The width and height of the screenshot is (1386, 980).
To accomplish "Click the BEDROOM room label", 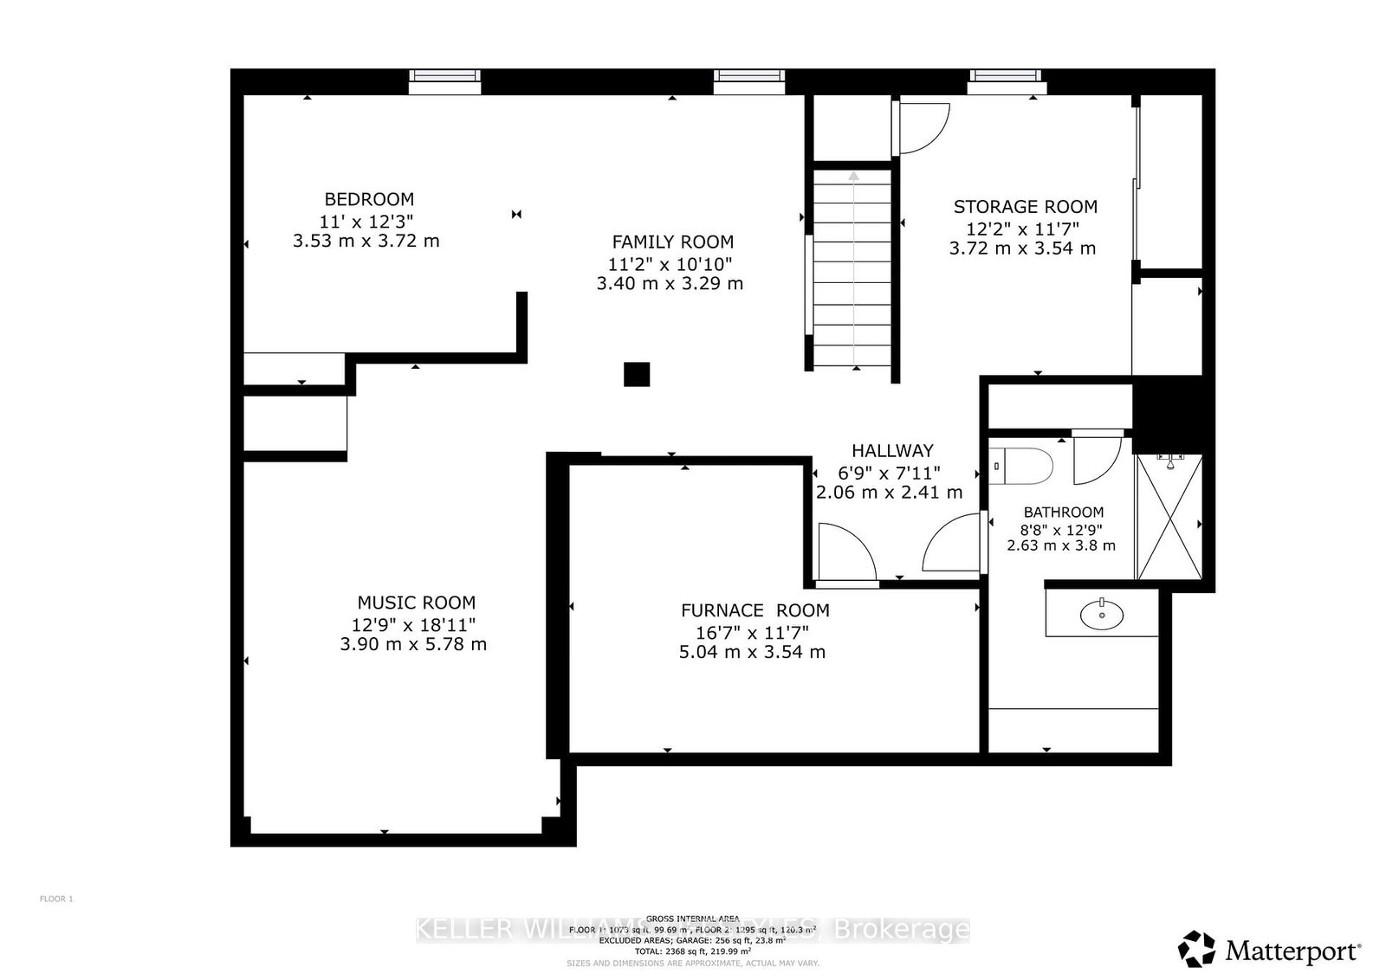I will (x=369, y=199).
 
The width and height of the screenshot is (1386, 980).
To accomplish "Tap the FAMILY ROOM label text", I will (x=672, y=242).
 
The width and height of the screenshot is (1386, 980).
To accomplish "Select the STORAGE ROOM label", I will (x=1025, y=207).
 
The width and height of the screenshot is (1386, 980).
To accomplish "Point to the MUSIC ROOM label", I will (x=416, y=603).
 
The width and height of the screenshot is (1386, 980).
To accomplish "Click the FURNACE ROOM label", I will (x=755, y=610).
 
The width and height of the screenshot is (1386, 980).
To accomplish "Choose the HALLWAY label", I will (x=892, y=451).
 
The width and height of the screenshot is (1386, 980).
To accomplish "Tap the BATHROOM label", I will (x=1063, y=513).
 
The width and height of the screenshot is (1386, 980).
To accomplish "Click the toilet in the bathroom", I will (x=1022, y=466).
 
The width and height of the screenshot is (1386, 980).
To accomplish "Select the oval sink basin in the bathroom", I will (x=1101, y=615).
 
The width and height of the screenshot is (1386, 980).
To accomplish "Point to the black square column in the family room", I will (x=637, y=374).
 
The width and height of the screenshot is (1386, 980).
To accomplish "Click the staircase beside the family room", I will (x=852, y=268).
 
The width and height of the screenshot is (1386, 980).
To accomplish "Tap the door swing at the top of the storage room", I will (x=922, y=127).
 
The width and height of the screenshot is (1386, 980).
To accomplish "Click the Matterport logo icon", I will (x=1196, y=949).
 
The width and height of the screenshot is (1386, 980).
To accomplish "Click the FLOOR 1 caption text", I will (x=56, y=899).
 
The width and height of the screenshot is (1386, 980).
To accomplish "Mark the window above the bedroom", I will (x=444, y=81).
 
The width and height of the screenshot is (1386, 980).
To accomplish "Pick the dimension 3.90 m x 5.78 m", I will (x=413, y=645).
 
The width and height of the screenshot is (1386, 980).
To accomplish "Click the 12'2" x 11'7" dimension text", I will (x=1022, y=229).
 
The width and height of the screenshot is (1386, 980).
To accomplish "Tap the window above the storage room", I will (x=1007, y=81).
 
